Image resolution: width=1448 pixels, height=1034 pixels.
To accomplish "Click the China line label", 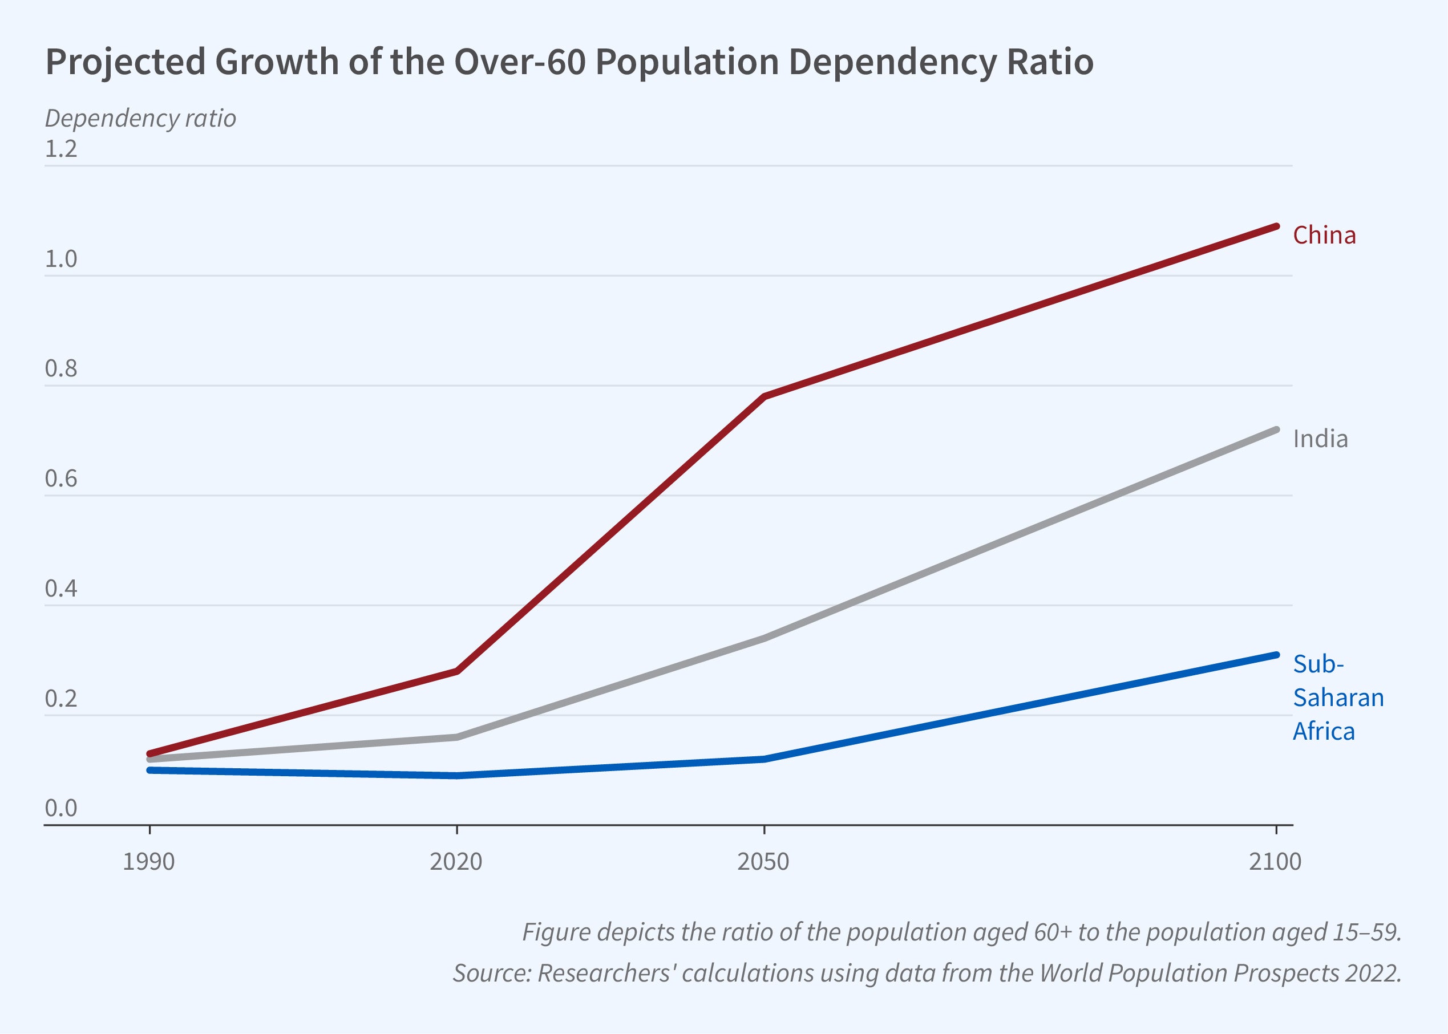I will tap(1324, 236).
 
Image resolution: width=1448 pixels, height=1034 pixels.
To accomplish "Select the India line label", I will tap(1320, 439).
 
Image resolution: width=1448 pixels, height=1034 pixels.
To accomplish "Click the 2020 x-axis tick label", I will tap(456, 861).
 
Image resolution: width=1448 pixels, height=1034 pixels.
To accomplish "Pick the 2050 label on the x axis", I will tap(763, 861).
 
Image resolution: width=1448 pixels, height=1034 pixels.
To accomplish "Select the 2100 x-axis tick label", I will tap(1275, 861).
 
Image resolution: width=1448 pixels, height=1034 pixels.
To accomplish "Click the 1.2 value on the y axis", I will tap(60, 149).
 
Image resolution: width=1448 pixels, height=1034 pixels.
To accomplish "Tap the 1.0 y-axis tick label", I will tap(60, 259).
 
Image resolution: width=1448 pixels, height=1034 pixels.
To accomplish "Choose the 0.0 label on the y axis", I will tap(60, 808).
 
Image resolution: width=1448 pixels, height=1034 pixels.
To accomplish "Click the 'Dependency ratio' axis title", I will tap(140, 119).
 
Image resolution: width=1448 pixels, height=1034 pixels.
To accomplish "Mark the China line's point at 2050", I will tap(764, 396).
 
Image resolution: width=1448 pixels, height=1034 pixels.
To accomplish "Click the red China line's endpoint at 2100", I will tap(1276, 226).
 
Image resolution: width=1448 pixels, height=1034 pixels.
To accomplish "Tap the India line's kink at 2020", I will tap(456, 737).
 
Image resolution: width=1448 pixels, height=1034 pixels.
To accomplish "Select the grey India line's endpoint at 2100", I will tap(1276, 430).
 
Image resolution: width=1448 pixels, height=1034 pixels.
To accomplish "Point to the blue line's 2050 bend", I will tap(764, 759).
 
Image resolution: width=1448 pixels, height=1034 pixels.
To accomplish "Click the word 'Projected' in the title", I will tap(126, 62).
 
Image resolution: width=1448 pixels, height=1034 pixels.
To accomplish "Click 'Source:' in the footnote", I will tap(492, 973).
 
